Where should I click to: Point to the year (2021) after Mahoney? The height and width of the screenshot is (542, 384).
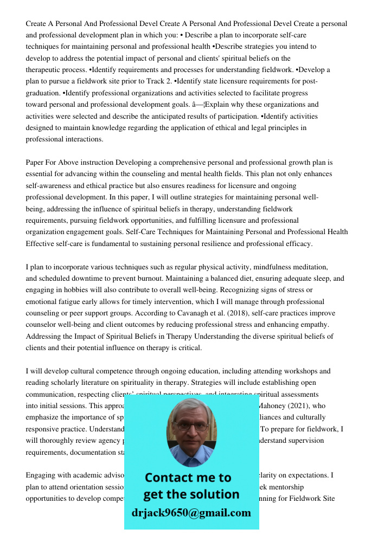coord(298,405)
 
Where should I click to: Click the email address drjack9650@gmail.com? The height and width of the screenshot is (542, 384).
coord(191,513)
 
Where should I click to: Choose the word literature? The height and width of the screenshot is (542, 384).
coord(102,383)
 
